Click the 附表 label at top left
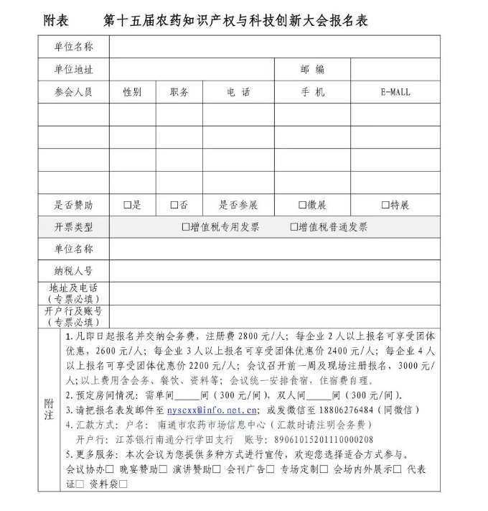pyautogui.click(x=57, y=20)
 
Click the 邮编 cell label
pyautogui.click(x=312, y=70)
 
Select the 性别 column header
pyautogui.click(x=132, y=93)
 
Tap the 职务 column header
pyautogui.click(x=179, y=93)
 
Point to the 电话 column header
pyautogui.click(x=238, y=93)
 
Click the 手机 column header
pyautogui.click(x=312, y=93)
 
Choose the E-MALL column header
pyautogui.click(x=395, y=93)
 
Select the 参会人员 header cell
pyautogui.click(x=73, y=93)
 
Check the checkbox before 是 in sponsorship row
pyautogui.click(x=127, y=206)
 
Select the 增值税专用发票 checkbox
pyautogui.click(x=186, y=227)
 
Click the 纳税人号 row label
pyautogui.click(x=73, y=271)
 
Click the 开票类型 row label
pyautogui.click(x=73, y=227)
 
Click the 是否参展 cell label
pyautogui.click(x=238, y=206)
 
